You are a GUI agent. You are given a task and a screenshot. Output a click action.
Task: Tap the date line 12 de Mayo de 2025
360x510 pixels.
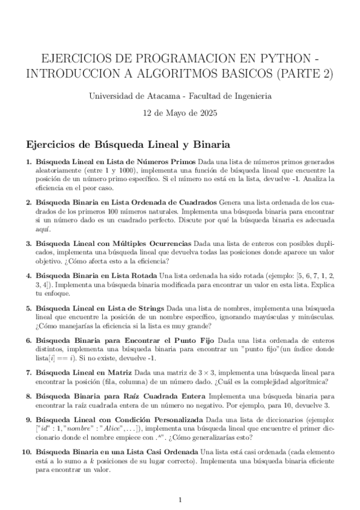(180, 113)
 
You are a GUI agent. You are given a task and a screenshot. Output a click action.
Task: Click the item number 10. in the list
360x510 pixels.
(26, 451)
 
